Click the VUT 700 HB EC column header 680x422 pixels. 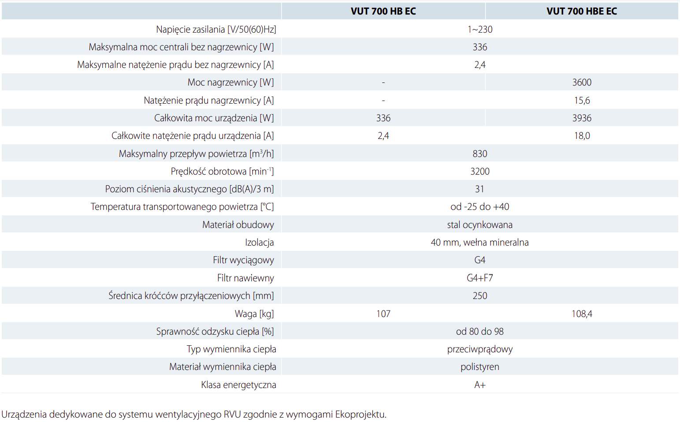point(383,11)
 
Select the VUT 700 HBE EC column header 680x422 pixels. point(581,11)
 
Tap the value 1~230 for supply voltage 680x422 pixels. point(479,30)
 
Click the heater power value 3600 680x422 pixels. point(581,82)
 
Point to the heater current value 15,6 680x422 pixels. point(581,101)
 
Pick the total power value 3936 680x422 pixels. point(581,118)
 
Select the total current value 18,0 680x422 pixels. point(581,136)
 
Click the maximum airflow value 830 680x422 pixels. point(479,154)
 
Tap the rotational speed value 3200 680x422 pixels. point(479,172)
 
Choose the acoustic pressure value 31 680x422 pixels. point(479,189)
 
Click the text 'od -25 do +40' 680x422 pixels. point(479,207)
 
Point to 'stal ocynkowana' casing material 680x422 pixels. point(479,225)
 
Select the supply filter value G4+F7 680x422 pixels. point(479,278)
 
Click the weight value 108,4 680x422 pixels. point(581,314)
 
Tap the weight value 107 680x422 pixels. point(383,314)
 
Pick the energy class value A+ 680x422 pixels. point(479,385)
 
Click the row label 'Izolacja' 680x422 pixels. point(259,243)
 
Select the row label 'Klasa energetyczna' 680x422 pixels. point(238,385)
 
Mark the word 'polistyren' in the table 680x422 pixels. point(479,367)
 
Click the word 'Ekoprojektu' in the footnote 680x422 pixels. point(360,415)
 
